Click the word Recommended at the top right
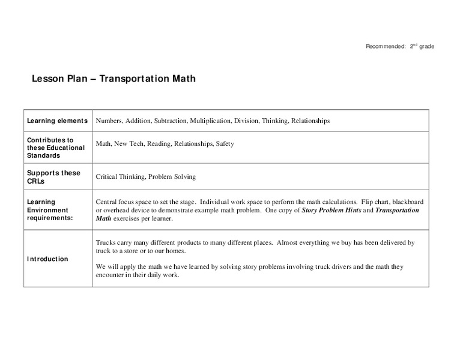pyautogui.click(x=386, y=47)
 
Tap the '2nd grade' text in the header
pyautogui.click(x=422, y=47)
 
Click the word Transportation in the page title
pyautogui.click(x=134, y=79)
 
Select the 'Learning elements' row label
pyautogui.click(x=57, y=121)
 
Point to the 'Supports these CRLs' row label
pyautogui.click(x=53, y=176)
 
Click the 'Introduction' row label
pyautogui.click(x=47, y=259)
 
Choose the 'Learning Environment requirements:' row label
pyautogui.click(x=52, y=210)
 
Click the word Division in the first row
pyautogui.click(x=246, y=121)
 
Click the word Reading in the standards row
pyautogui.click(x=158, y=144)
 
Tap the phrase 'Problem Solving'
pyautogui.click(x=174, y=177)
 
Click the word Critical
pyautogui.click(x=107, y=177)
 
